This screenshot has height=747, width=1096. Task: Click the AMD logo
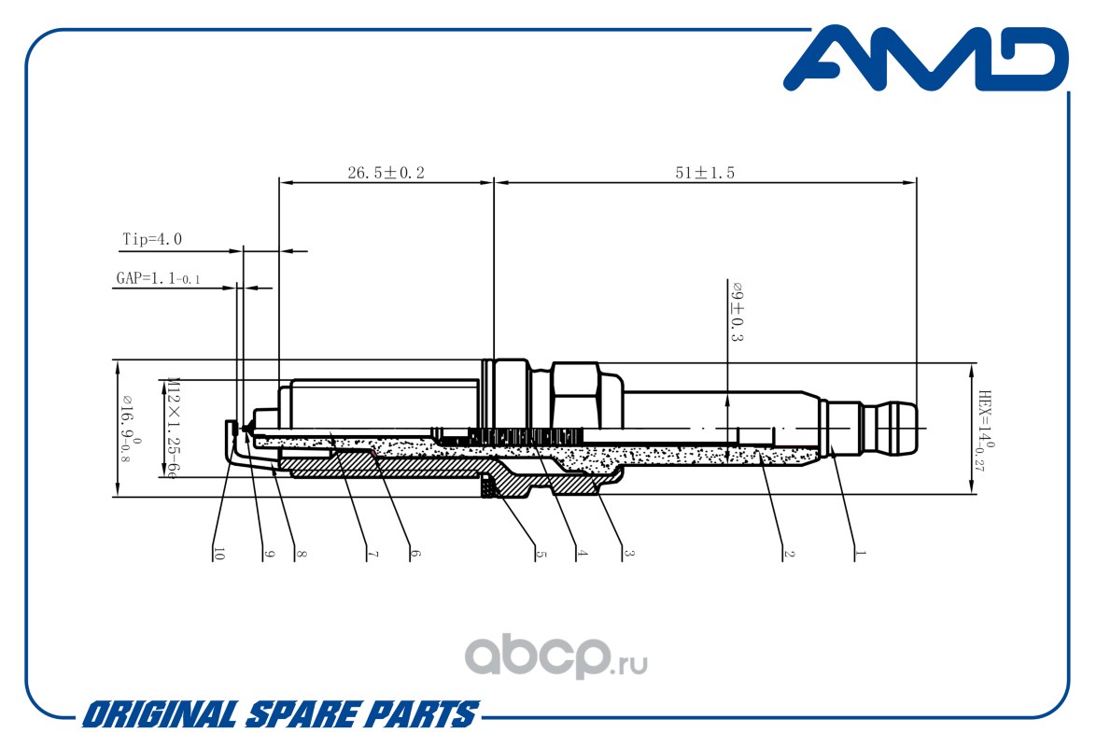[x=924, y=60]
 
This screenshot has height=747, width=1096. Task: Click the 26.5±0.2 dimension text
[x=386, y=173]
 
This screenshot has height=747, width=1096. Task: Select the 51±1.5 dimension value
[x=705, y=173]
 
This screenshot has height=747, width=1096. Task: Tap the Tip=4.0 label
[x=152, y=240]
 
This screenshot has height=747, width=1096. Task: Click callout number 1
[x=860, y=554]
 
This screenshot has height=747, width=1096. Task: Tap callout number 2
[x=788, y=554]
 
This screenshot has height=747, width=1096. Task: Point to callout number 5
[x=540, y=554]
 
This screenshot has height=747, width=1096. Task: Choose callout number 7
[x=372, y=554]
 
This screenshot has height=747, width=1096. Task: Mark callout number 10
[x=219, y=554]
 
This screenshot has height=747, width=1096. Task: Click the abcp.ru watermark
[x=556, y=658]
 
